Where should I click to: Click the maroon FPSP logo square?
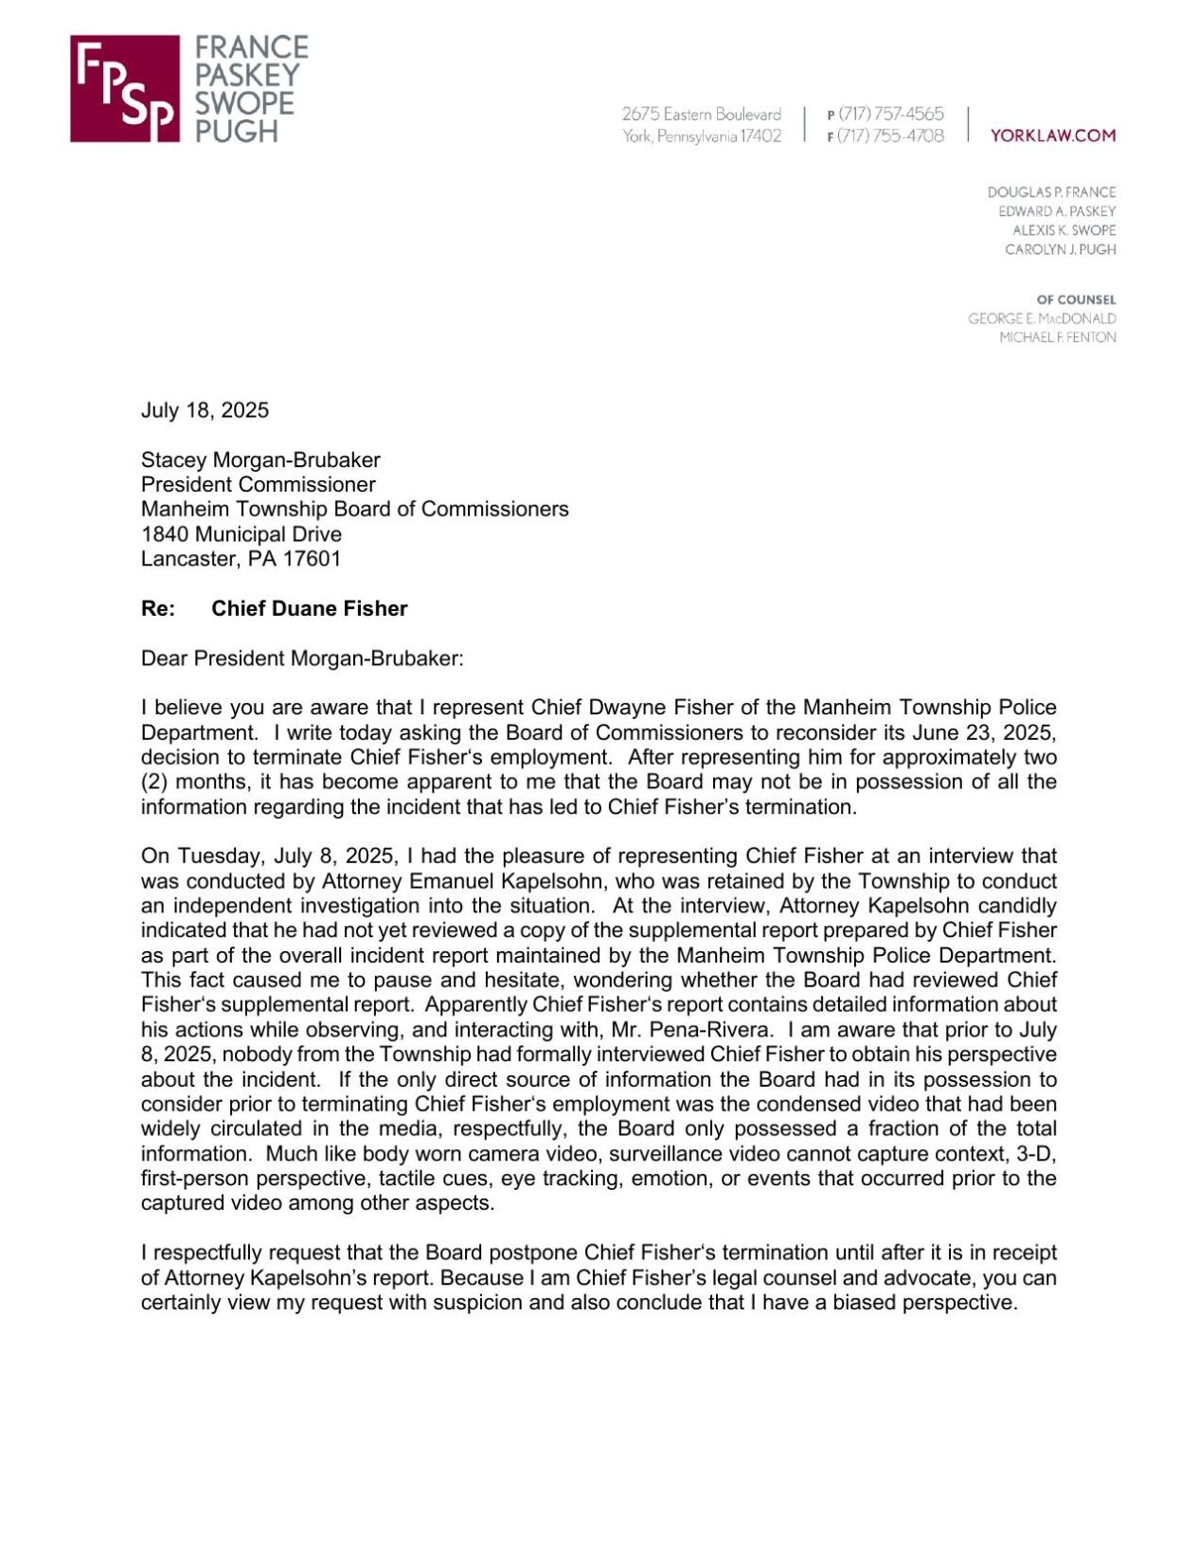tap(124, 89)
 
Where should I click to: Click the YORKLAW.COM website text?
tap(1052, 135)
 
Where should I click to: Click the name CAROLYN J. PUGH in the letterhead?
tap(1060, 250)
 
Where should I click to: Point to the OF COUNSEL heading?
tap(1076, 299)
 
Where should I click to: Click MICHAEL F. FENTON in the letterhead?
tap(1057, 337)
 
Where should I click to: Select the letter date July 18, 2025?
tap(205, 410)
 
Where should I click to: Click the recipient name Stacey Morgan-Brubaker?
tap(260, 460)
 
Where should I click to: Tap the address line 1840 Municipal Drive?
tap(241, 534)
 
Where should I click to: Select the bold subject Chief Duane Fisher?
tap(309, 608)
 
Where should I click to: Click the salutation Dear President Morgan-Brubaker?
tap(302, 658)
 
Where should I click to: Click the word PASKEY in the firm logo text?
tap(246, 75)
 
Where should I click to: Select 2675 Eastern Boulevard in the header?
tap(701, 114)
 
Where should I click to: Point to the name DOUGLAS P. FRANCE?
tap(1051, 192)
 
